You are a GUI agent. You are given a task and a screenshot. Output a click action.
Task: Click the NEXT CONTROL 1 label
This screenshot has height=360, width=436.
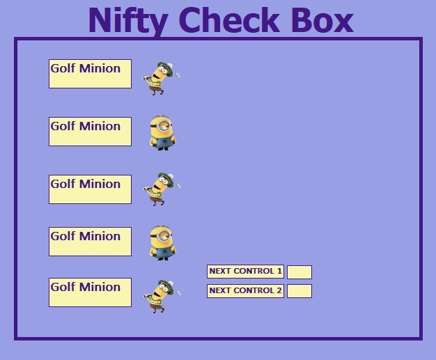click(245, 272)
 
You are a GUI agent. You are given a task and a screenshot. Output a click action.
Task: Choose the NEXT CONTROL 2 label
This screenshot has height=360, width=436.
click(245, 291)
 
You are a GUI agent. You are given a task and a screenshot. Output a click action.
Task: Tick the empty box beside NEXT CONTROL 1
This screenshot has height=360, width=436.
click(299, 272)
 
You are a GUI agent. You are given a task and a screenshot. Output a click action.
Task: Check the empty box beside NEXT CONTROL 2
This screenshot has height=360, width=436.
click(299, 291)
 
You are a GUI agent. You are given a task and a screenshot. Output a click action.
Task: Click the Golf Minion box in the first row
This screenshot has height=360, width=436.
click(90, 74)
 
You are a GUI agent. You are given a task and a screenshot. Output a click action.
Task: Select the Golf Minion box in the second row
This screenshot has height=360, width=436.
click(90, 132)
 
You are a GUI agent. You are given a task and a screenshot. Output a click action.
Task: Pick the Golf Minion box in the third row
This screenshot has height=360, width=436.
click(90, 189)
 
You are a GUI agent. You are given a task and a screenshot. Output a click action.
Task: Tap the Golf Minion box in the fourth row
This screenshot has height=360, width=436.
click(90, 242)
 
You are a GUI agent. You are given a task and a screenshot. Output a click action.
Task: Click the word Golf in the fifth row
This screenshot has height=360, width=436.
click(63, 287)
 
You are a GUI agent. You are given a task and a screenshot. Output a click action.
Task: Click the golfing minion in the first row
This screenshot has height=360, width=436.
click(159, 77)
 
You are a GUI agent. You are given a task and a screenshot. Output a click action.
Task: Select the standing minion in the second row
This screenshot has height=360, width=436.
click(162, 132)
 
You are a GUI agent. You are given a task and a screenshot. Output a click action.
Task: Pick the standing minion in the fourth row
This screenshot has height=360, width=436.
click(162, 242)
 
